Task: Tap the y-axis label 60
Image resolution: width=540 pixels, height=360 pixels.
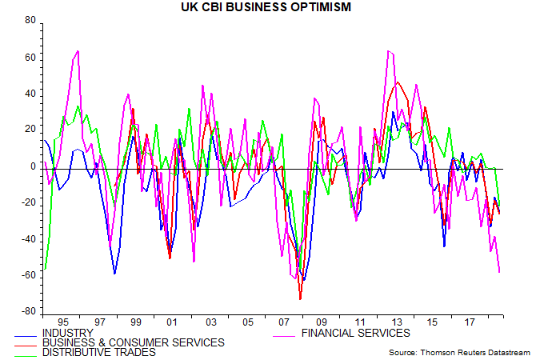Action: click(x=31, y=58)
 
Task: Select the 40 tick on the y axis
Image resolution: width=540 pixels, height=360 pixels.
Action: click(x=31, y=94)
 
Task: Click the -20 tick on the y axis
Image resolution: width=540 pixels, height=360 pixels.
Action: click(x=29, y=202)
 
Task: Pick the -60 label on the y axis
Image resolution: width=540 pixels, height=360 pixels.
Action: click(x=29, y=275)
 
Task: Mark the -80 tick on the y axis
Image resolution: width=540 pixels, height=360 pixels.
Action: click(x=29, y=311)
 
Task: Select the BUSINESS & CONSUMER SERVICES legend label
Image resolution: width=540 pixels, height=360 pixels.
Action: click(x=133, y=342)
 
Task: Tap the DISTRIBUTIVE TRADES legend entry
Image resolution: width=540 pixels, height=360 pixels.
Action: click(x=99, y=352)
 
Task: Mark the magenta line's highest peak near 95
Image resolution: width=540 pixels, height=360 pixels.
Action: click(x=78, y=51)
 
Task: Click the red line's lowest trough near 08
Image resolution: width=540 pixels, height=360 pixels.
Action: click(x=300, y=299)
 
